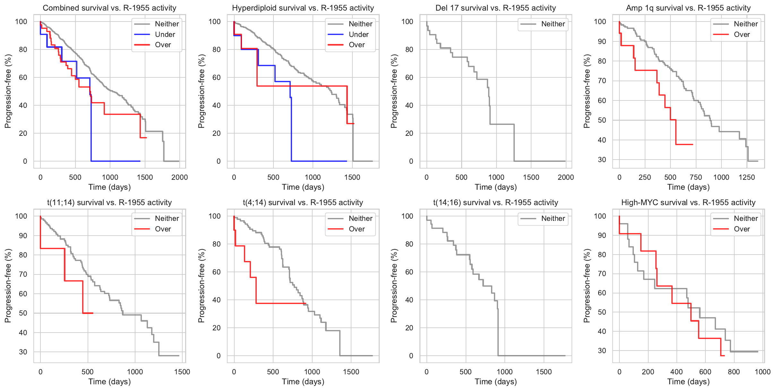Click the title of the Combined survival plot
109,8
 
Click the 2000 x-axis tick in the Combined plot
179,177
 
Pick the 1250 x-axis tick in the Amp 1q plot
746,177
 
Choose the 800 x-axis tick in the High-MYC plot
734,372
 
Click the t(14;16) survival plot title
496,203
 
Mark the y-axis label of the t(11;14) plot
8,286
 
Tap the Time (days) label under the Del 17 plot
496,187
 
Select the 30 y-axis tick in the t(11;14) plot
23,352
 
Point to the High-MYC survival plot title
688,203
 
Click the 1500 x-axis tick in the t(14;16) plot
544,372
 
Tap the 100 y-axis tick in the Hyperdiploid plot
214,22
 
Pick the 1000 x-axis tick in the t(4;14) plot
312,372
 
